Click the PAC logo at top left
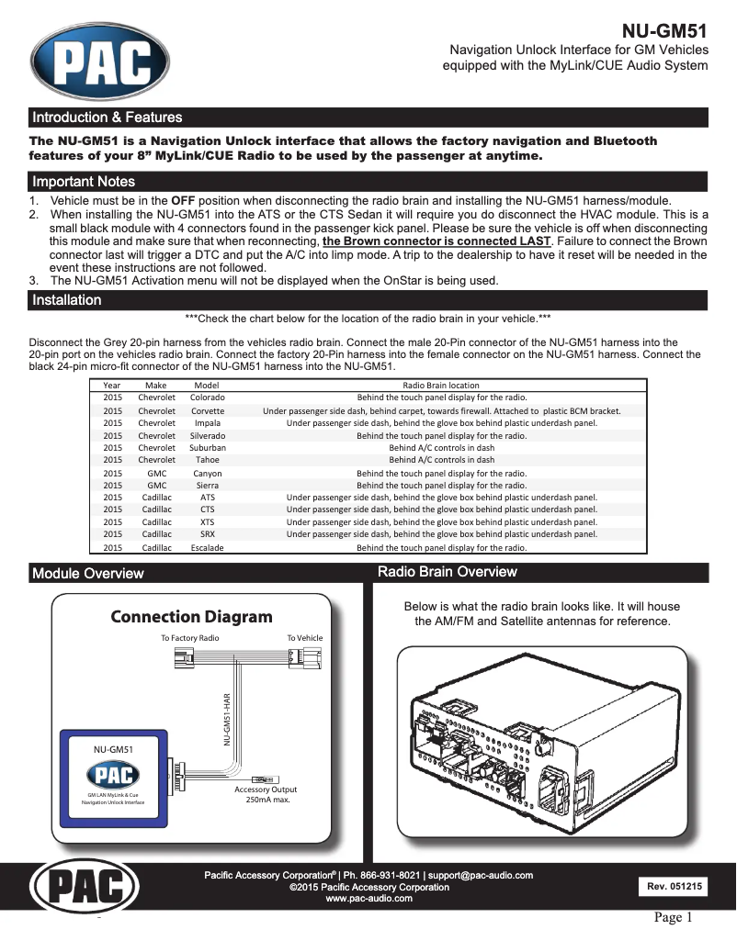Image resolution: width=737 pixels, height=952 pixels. pos(100,62)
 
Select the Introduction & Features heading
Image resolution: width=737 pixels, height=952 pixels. pos(108,118)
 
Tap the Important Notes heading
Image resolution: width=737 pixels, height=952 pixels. pos(84,182)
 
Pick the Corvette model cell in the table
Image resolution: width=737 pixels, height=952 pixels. pos(207,410)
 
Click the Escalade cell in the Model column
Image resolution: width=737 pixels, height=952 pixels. pos(207,547)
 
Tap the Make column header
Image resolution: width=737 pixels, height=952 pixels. pos(156,386)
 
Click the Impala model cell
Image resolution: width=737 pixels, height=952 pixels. pos(207,423)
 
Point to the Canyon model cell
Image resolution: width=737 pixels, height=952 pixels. pos(207,474)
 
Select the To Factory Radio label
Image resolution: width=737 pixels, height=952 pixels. pos(190,637)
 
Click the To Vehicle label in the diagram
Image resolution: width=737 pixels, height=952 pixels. pos(304,637)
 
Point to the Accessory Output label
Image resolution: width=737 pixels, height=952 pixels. pos(266,794)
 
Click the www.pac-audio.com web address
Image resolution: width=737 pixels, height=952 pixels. pos(368,899)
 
